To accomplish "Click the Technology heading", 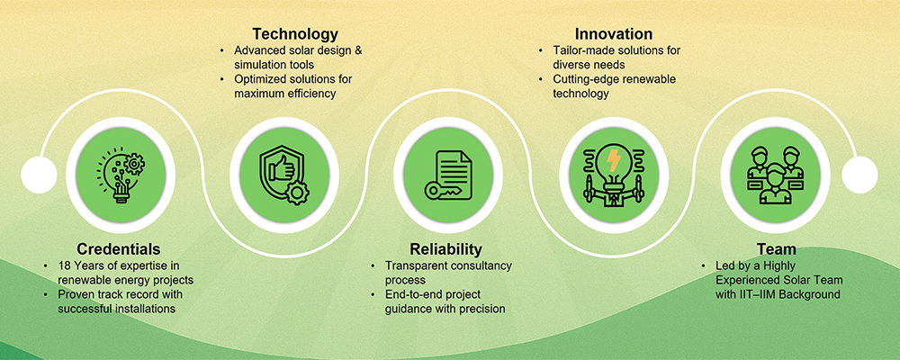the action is click(295, 32).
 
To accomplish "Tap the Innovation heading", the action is click(614, 32).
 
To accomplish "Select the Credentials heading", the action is click(118, 249).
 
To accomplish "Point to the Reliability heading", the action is click(445, 249).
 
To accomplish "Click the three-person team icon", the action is click(775, 175).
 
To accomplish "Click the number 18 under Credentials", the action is click(64, 265).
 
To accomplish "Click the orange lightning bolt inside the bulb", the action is click(614, 161).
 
